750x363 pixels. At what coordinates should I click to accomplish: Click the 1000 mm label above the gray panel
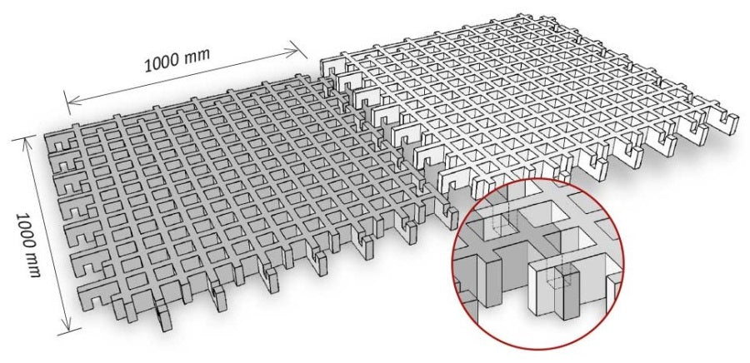(x=177, y=60)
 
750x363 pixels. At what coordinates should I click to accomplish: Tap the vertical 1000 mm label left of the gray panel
(x=27, y=245)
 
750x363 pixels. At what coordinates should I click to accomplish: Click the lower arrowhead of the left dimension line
(x=67, y=324)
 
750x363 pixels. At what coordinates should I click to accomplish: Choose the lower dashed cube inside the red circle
(x=557, y=281)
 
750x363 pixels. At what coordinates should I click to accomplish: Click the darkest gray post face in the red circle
(x=571, y=295)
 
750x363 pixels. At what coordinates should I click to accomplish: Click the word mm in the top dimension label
(x=197, y=56)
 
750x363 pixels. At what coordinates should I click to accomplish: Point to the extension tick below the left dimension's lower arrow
(x=69, y=331)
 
